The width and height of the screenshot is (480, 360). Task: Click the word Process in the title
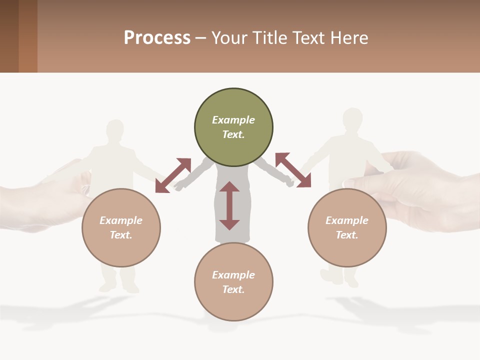coord(157,38)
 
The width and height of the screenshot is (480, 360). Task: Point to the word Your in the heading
coord(228,38)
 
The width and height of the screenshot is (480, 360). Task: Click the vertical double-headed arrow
coord(229,205)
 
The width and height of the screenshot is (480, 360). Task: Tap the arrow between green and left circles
coord(173,175)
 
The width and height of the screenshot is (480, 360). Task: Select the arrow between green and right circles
coord(293,170)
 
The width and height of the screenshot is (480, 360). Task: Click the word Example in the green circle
coord(233,120)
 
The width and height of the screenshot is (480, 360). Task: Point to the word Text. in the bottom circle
coord(233,289)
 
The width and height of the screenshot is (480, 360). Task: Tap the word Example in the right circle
coord(347,220)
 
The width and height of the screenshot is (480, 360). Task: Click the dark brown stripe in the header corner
coord(9,36)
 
